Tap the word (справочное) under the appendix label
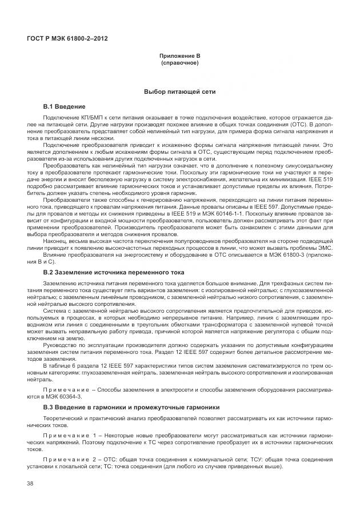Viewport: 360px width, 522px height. point(179,63)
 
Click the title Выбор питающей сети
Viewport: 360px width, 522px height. point(179,91)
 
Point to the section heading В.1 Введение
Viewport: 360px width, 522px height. point(65,107)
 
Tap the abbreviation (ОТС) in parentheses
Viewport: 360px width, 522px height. point(294,123)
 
